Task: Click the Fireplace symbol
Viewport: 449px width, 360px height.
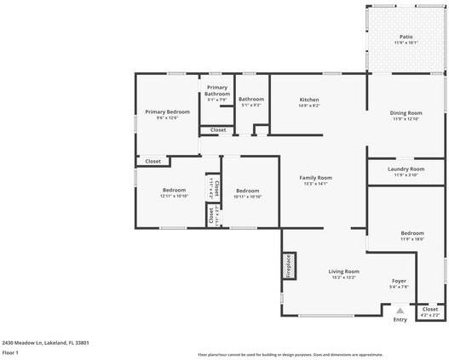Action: tap(289, 266)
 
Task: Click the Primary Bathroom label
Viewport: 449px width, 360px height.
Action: tap(216, 93)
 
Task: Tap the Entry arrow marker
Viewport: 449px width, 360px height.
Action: tap(400, 311)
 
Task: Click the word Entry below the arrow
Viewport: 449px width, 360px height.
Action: tap(400, 321)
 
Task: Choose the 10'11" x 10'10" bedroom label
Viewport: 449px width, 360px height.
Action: tap(247, 193)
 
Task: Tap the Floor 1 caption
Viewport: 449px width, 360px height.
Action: tap(10, 352)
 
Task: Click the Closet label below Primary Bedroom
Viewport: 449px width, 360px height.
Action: tap(153, 161)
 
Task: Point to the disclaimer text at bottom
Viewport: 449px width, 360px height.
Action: tap(290, 354)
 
